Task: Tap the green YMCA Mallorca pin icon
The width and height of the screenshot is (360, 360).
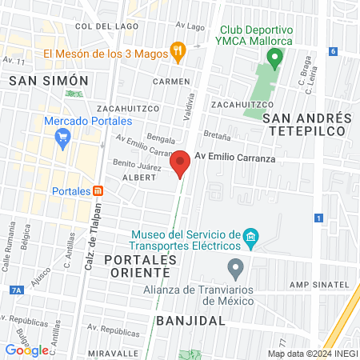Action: pyautogui.click(x=275, y=58)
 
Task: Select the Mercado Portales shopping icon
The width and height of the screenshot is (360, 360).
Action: pyautogui.click(x=62, y=138)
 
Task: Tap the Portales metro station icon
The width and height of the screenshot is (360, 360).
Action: pyautogui.click(x=98, y=190)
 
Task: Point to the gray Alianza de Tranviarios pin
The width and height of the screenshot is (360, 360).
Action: pyautogui.click(x=234, y=266)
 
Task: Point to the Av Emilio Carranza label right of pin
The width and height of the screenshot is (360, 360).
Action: pyautogui.click(x=234, y=159)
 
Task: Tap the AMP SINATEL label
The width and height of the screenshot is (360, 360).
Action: pyautogui.click(x=319, y=285)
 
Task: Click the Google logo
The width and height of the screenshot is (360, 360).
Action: pyautogui.click(x=27, y=350)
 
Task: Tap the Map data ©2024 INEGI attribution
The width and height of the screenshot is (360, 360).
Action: pyautogui.click(x=312, y=353)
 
